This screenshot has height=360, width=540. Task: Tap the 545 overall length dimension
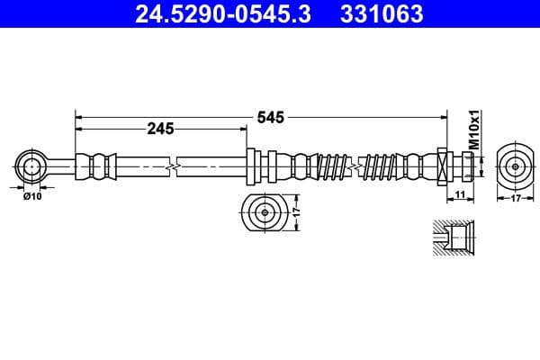click(x=271, y=117)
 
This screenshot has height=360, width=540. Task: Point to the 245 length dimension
click(x=160, y=130)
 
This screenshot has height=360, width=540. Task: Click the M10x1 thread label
click(x=475, y=130)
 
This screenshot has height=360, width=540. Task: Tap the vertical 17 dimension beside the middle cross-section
click(x=294, y=214)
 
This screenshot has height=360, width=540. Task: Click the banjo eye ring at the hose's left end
click(x=31, y=166)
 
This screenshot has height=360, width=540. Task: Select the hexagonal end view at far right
click(x=514, y=166)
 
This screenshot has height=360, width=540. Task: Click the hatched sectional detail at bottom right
click(x=449, y=238)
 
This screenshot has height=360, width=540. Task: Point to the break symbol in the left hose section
click(x=173, y=166)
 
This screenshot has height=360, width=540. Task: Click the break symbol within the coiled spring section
click(x=359, y=166)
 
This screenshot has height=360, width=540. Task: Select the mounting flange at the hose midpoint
click(x=254, y=166)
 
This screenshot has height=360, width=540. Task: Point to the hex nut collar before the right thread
click(x=443, y=166)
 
